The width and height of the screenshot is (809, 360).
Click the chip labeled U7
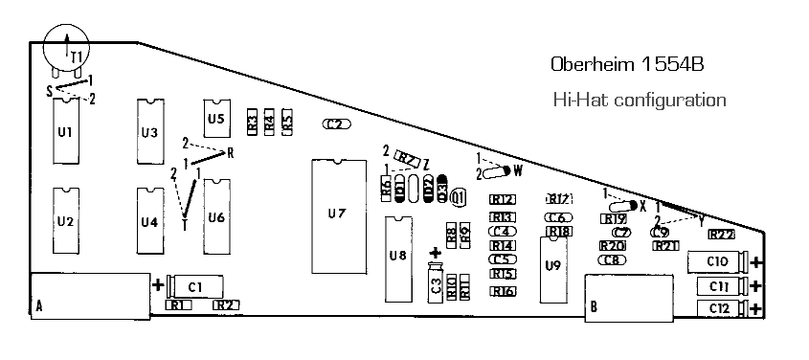click(x=336, y=214)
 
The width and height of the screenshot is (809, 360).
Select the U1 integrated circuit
click(x=66, y=131)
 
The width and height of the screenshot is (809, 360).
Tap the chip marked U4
click(x=148, y=221)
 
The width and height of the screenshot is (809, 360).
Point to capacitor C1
click(x=195, y=285)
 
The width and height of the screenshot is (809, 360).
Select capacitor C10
click(x=717, y=261)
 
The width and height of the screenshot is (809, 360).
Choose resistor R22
click(x=721, y=234)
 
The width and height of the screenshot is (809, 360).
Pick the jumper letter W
click(x=518, y=171)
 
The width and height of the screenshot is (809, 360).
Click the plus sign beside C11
click(x=756, y=286)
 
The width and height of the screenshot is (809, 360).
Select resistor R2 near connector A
click(x=226, y=304)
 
